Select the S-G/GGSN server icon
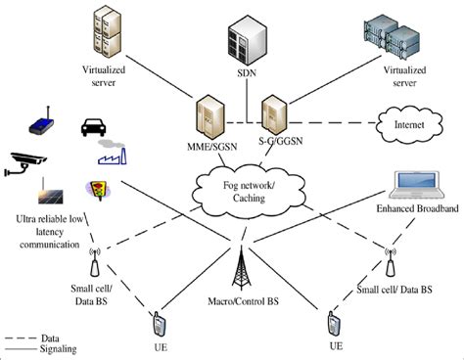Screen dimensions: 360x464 point(273,117)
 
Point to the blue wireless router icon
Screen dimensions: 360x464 point(41,123)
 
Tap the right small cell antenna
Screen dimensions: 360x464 point(392,262)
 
